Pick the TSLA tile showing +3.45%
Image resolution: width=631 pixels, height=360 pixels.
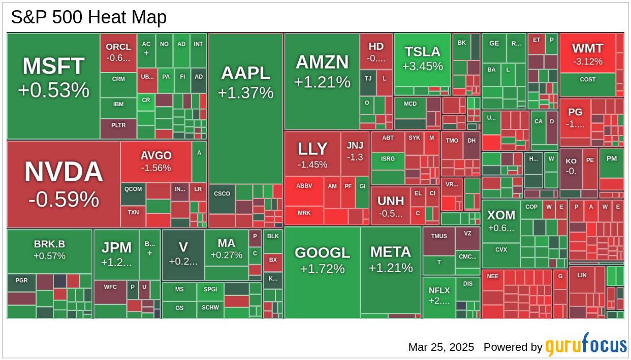(423, 59)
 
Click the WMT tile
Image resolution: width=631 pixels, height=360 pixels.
(587, 53)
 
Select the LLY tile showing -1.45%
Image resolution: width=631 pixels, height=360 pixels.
(312, 154)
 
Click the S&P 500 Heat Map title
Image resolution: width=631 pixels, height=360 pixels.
(89, 18)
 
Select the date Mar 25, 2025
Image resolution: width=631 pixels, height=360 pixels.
(441, 347)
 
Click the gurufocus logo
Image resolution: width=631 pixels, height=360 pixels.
(586, 345)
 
